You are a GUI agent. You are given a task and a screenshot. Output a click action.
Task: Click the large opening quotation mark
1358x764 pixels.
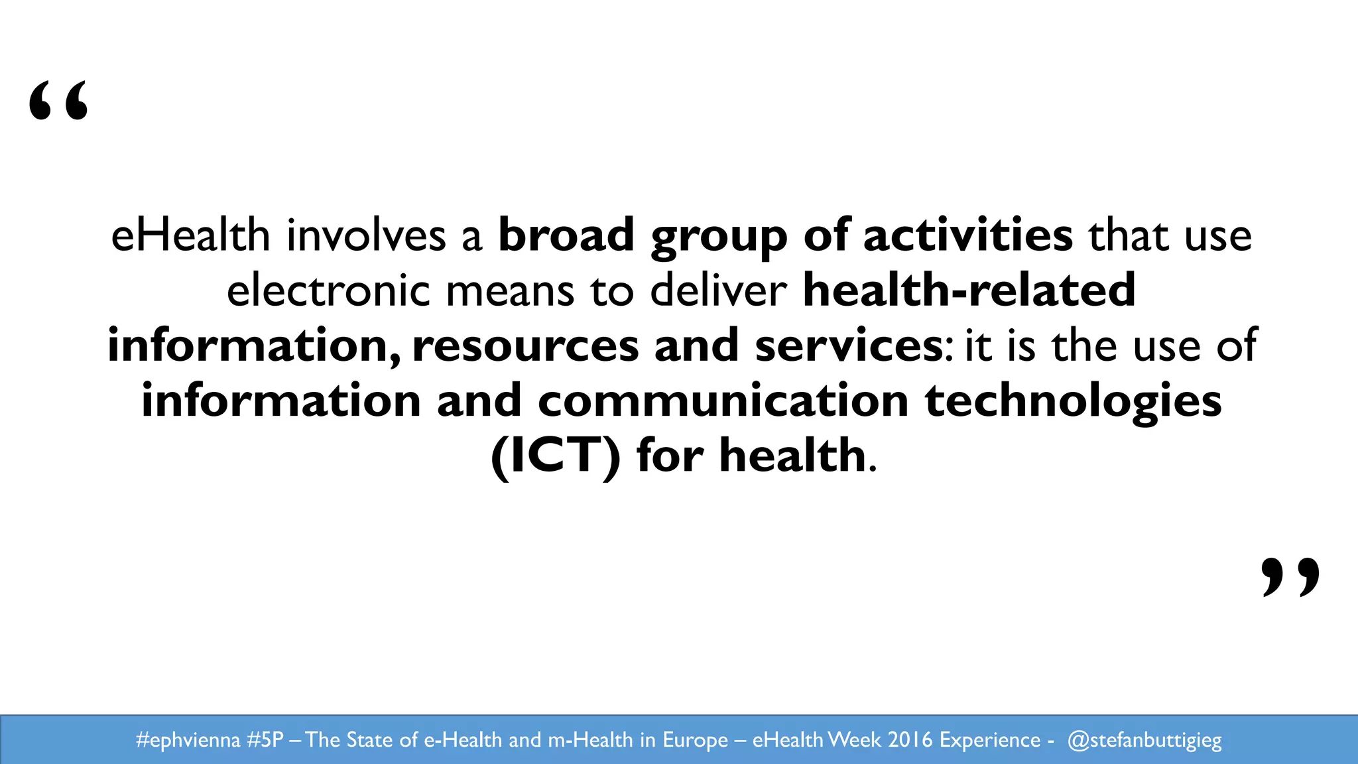[58, 101]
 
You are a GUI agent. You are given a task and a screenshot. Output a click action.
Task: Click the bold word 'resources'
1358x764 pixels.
[525, 346]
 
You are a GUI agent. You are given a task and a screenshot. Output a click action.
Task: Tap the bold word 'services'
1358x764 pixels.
[849, 346]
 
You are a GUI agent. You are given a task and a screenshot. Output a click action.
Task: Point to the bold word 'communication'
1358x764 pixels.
[723, 401]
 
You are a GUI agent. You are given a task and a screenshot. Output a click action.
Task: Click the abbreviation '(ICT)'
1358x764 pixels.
[556, 456]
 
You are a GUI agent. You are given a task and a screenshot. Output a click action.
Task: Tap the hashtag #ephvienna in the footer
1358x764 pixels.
[188, 739]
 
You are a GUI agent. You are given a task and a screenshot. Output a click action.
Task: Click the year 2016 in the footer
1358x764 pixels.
[910, 739]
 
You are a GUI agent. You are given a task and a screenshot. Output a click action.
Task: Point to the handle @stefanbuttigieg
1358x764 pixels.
[1144, 739]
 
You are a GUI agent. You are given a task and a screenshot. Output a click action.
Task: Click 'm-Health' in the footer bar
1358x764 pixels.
[590, 739]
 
